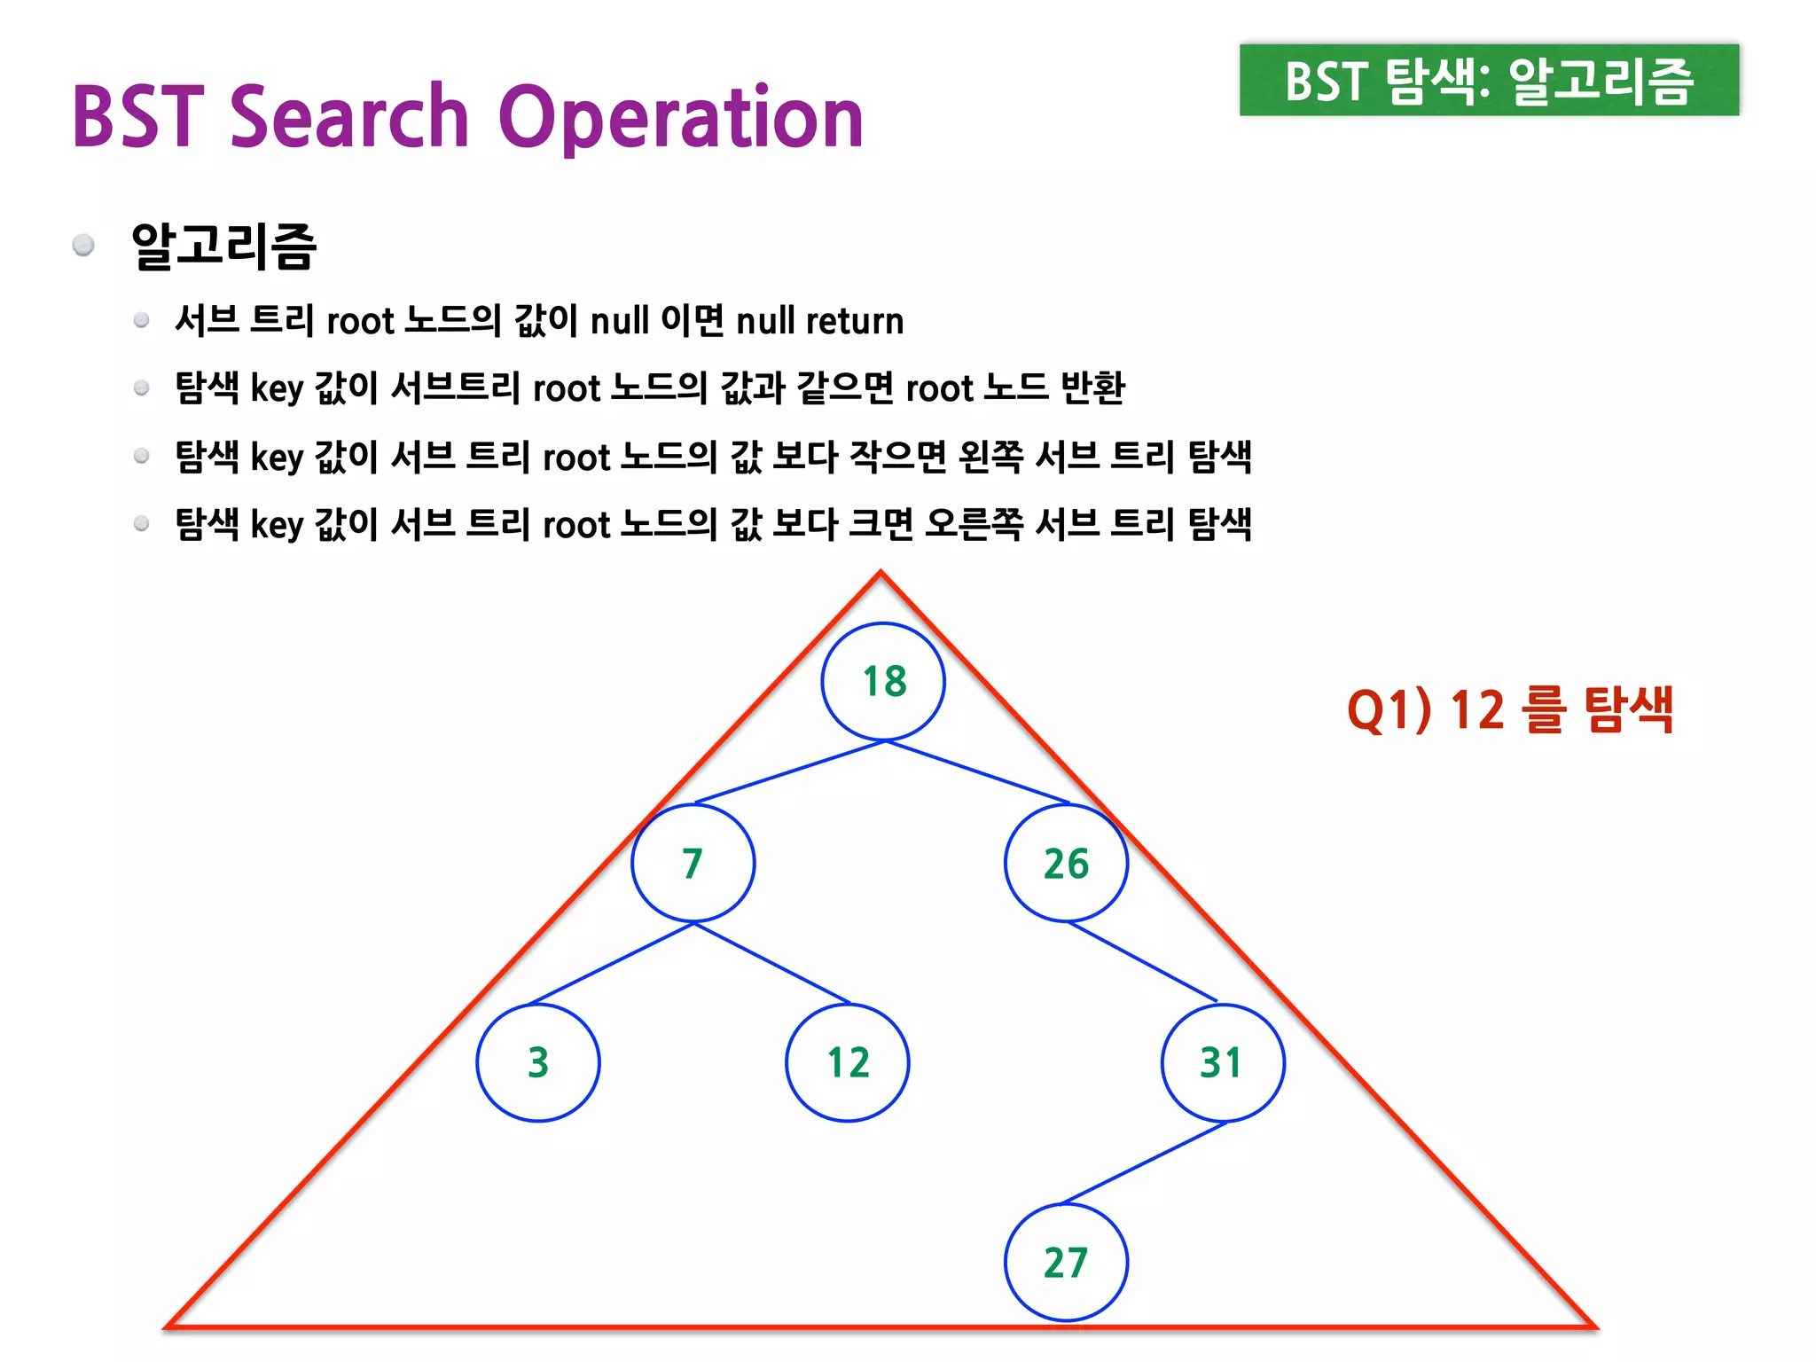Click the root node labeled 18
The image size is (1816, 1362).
pyautogui.click(x=883, y=681)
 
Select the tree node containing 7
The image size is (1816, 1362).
pyautogui.click(x=693, y=863)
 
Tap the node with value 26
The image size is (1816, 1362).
pyautogui.click(x=1066, y=863)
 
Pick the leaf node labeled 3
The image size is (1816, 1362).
pyautogui.click(x=538, y=1062)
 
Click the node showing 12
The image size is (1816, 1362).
pyautogui.click(x=848, y=1062)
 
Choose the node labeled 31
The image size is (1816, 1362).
pyautogui.click(x=1223, y=1062)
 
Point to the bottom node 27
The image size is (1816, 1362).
pyautogui.click(x=1066, y=1262)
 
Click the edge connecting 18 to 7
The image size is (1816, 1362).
pyautogui.click(x=789, y=772)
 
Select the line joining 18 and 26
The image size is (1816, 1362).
pyautogui.click(x=977, y=772)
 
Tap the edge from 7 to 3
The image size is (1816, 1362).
pyautogui.click(x=612, y=963)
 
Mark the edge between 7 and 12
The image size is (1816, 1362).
pyautogui.click(x=771, y=963)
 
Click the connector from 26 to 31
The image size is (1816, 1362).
pyautogui.click(x=1142, y=962)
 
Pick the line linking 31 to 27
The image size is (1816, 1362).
pyautogui.click(x=1144, y=1162)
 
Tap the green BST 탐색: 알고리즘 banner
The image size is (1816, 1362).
pyautogui.click(x=1489, y=80)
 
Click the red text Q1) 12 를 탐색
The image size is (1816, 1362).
pyautogui.click(x=1509, y=710)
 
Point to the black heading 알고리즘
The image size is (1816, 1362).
pyautogui.click(x=223, y=246)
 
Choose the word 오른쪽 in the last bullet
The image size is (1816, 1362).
pyautogui.click(x=974, y=524)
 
